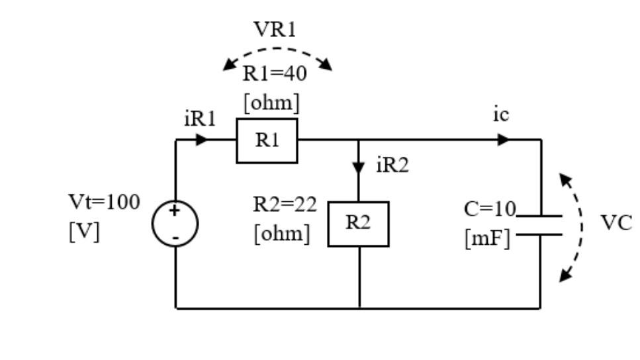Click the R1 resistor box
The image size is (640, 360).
coord(267,141)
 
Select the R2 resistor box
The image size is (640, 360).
coord(358,224)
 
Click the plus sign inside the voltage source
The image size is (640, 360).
coord(174,211)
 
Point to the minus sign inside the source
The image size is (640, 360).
coord(175,236)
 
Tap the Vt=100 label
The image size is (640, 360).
coord(105,202)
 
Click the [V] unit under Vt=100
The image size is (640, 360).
coord(84,232)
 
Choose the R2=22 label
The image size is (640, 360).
coord(285,204)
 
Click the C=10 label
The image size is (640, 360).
coord(489,209)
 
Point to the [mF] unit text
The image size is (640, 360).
coord(487,238)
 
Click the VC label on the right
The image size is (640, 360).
coord(616,223)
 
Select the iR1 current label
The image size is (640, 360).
coord(200,119)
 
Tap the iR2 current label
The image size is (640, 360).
coord(392,165)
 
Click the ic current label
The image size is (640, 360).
coord(501,114)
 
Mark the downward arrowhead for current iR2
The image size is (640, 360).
coord(359,167)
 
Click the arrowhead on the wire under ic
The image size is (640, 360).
coord(504,140)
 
